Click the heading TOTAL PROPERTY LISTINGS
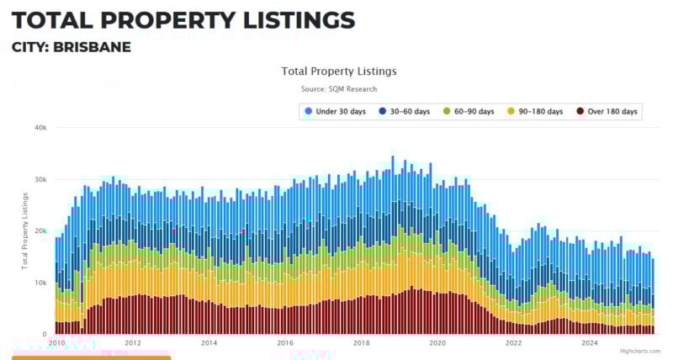(x=183, y=20)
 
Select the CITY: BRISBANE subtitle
(x=72, y=47)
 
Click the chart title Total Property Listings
(x=339, y=71)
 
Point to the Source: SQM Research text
(x=339, y=89)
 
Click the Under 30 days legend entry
(x=336, y=112)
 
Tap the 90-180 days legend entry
(x=535, y=112)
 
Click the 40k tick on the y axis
(x=40, y=128)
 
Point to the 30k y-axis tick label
(x=40, y=180)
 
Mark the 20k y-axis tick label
(x=40, y=231)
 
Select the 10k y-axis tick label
(x=40, y=283)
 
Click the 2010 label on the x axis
(x=57, y=343)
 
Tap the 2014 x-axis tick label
(x=209, y=343)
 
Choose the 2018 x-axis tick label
(x=361, y=343)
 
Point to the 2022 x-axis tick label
(x=513, y=343)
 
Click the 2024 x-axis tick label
(x=590, y=343)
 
